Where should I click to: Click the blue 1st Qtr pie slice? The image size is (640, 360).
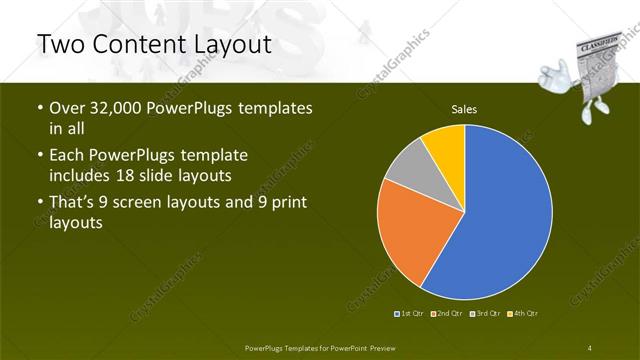click(500, 215)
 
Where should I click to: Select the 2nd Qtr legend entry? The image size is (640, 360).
click(446, 314)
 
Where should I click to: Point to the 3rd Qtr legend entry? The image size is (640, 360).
click(484, 314)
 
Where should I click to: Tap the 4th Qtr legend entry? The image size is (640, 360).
click(523, 314)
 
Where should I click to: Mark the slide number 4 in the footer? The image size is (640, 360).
click(590, 347)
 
